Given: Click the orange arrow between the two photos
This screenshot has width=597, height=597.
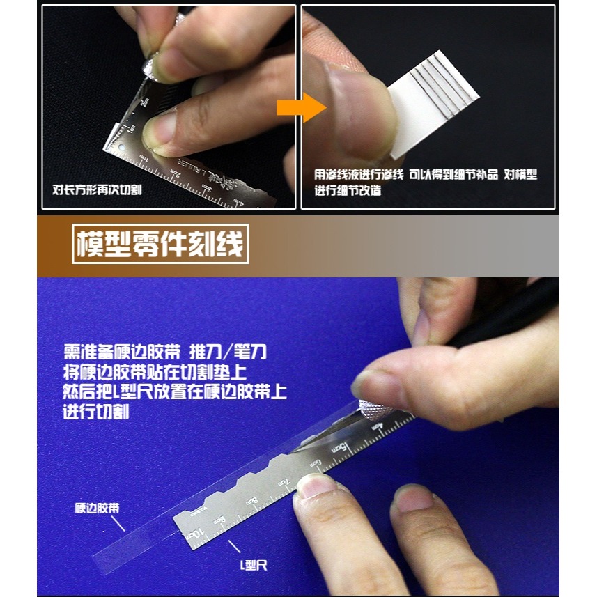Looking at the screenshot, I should pyautogui.click(x=291, y=108).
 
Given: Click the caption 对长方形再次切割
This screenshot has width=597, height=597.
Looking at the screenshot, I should pyautogui.click(x=98, y=189).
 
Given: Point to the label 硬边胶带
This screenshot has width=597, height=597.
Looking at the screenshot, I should pyautogui.click(x=97, y=508).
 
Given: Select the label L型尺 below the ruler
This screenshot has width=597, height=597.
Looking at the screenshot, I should pyautogui.click(x=251, y=566).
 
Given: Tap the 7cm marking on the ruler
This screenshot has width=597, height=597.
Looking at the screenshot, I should pyautogui.click(x=283, y=482).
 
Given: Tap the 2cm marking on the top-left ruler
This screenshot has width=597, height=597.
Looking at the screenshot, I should pyautogui.click(x=144, y=104).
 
